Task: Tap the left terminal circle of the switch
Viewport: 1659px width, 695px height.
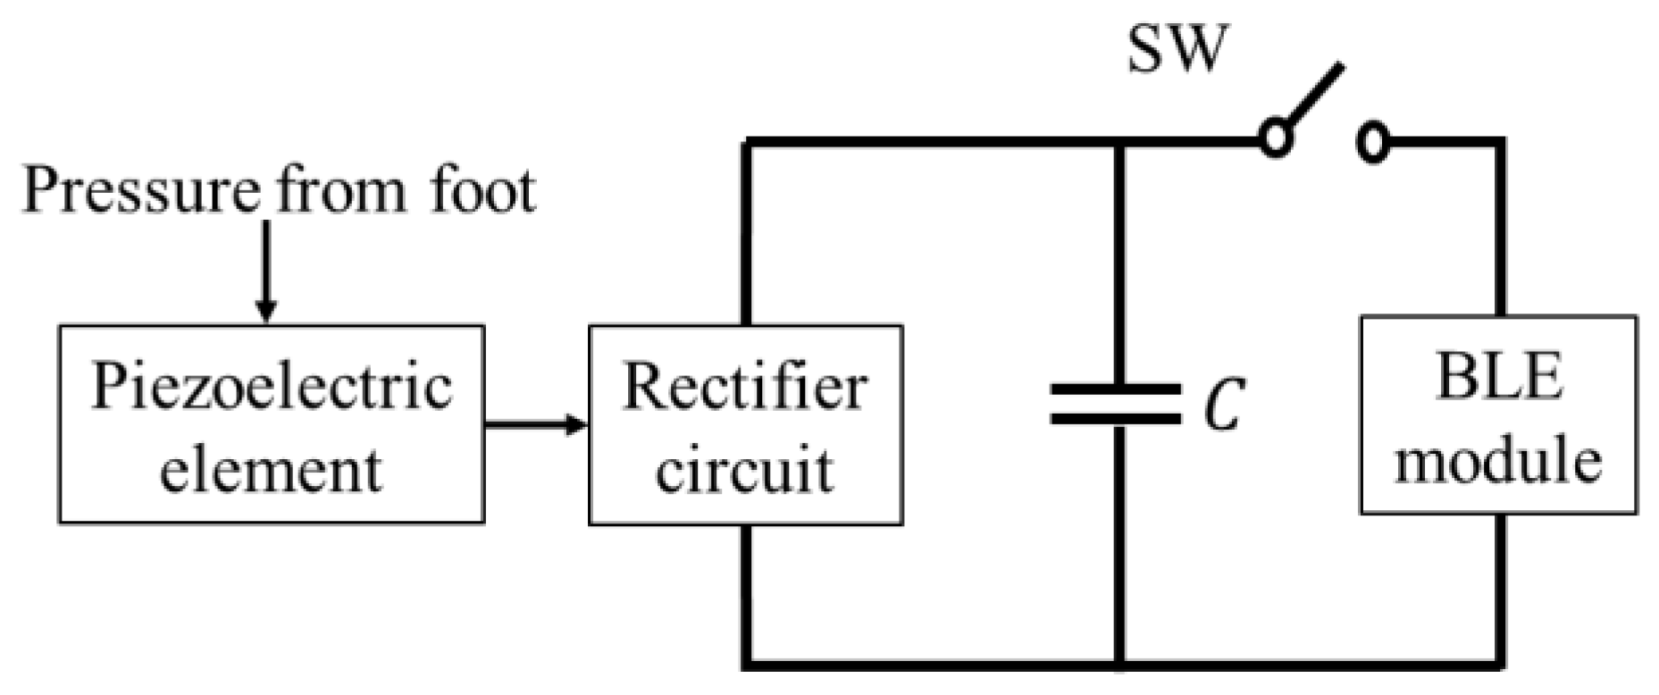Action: click(1276, 140)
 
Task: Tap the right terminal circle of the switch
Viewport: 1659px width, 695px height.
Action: click(1373, 142)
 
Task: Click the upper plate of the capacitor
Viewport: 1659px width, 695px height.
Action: click(1116, 389)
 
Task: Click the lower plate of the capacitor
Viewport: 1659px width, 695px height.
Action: click(1116, 417)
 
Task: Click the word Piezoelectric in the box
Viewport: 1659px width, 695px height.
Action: click(272, 387)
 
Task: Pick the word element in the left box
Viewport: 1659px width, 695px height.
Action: click(271, 469)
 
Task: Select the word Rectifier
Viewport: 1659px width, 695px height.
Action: click(744, 387)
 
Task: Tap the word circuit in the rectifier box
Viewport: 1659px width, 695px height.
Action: click(744, 469)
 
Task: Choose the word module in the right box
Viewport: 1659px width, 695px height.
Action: click(1498, 460)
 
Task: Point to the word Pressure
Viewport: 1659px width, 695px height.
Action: click(141, 190)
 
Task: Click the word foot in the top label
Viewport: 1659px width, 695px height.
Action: click(482, 190)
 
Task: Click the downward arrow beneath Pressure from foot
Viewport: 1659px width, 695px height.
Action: click(265, 268)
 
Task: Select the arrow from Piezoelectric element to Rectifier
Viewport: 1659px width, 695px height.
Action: click(535, 424)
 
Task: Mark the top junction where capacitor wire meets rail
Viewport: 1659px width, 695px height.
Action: click(1120, 142)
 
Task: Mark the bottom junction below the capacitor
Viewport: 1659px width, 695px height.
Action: click(1120, 665)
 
